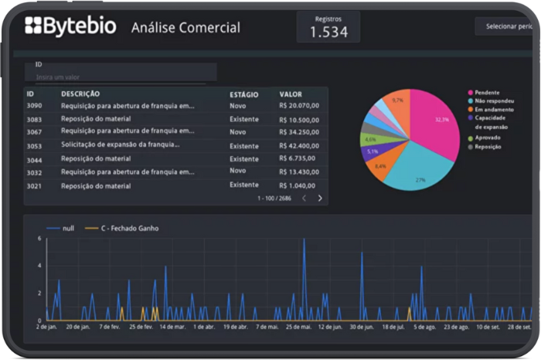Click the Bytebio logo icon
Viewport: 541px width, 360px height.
click(x=33, y=26)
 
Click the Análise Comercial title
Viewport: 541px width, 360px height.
click(x=185, y=28)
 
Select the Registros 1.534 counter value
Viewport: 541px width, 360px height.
click(x=328, y=32)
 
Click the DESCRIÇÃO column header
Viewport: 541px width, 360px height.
click(x=80, y=93)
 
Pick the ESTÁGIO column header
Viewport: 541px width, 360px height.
click(x=243, y=94)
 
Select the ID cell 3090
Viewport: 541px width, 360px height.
click(x=35, y=106)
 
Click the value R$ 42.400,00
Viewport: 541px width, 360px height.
click(x=299, y=146)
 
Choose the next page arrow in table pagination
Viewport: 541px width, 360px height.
click(x=320, y=199)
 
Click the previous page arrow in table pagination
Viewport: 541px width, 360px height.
click(x=304, y=199)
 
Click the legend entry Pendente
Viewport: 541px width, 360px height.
click(x=487, y=92)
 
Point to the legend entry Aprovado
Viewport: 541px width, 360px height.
click(x=488, y=138)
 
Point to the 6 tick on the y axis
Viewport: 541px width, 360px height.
click(x=39, y=239)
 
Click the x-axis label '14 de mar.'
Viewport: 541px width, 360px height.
click(x=173, y=327)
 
